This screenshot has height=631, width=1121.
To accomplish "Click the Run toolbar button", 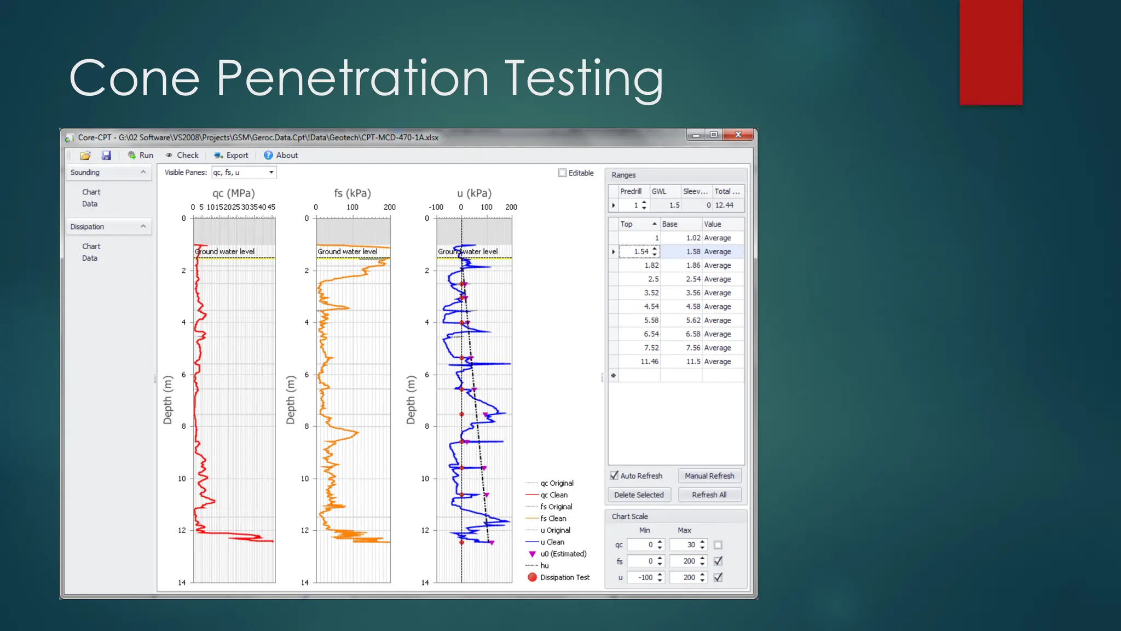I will click(x=141, y=156).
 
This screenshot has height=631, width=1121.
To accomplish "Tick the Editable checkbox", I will click(x=562, y=173).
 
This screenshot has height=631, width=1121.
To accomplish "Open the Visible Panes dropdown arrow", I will click(x=271, y=173).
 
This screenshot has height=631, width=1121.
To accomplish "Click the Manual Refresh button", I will click(x=709, y=476).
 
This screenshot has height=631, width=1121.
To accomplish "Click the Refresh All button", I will click(x=709, y=495).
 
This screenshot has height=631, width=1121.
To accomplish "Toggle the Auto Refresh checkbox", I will click(x=614, y=476).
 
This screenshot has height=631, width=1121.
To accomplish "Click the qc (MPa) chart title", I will click(x=234, y=193).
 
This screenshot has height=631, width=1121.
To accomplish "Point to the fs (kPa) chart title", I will click(x=353, y=193).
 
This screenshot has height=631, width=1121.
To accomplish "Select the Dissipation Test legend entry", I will click(x=564, y=578).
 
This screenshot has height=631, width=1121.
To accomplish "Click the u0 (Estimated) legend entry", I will click(x=563, y=554).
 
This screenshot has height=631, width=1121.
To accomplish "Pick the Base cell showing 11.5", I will click(x=693, y=362).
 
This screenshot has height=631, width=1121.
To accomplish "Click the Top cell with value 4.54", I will click(x=651, y=307).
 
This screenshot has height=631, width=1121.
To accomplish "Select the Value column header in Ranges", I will click(x=713, y=225).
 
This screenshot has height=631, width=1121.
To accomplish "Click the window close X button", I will click(x=738, y=135).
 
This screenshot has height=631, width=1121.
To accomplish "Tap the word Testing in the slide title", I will click(x=583, y=79).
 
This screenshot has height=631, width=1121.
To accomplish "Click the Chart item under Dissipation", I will click(x=91, y=246).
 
